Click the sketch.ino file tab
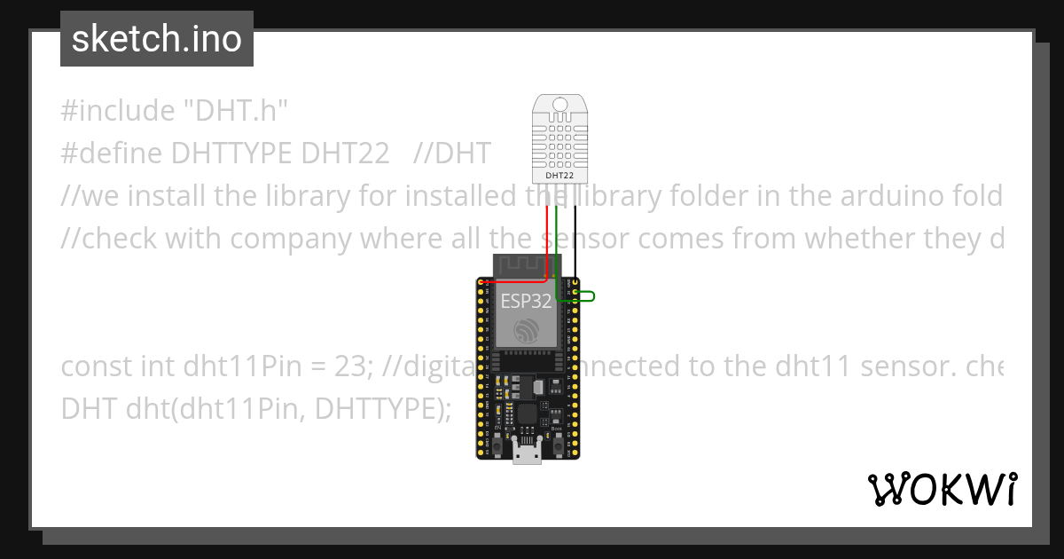coord(157,39)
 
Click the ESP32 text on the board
coord(527,301)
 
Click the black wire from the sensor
coord(575,244)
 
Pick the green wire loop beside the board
coord(585,296)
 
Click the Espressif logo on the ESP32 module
coord(528,330)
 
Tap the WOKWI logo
coord(943,489)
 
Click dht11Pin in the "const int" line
coord(229,366)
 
